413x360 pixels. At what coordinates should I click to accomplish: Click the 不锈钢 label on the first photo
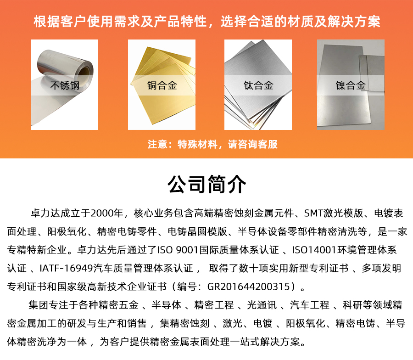tap(65, 85)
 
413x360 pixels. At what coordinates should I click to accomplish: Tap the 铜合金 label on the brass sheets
tap(162, 85)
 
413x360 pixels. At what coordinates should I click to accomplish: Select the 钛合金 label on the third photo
tap(258, 85)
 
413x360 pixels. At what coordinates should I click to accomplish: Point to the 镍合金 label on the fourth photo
tap(351, 85)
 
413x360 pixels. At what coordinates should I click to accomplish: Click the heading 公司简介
tap(207, 184)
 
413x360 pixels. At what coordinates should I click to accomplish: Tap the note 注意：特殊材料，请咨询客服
tap(212, 144)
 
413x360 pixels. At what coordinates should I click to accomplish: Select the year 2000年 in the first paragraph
tap(107, 213)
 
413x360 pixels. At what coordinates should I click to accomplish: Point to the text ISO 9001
tap(177, 250)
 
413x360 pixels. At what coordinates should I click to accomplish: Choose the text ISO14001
tap(314, 250)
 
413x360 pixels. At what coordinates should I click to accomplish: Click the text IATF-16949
tap(66, 268)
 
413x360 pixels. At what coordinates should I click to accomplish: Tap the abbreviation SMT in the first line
tap(314, 213)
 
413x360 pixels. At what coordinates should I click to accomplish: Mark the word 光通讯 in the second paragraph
tap(262, 305)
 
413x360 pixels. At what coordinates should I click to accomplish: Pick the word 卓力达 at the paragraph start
tap(45, 213)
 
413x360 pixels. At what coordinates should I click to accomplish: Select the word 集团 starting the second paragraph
tap(39, 305)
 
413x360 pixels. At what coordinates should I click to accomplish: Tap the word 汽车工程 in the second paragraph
tap(310, 305)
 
